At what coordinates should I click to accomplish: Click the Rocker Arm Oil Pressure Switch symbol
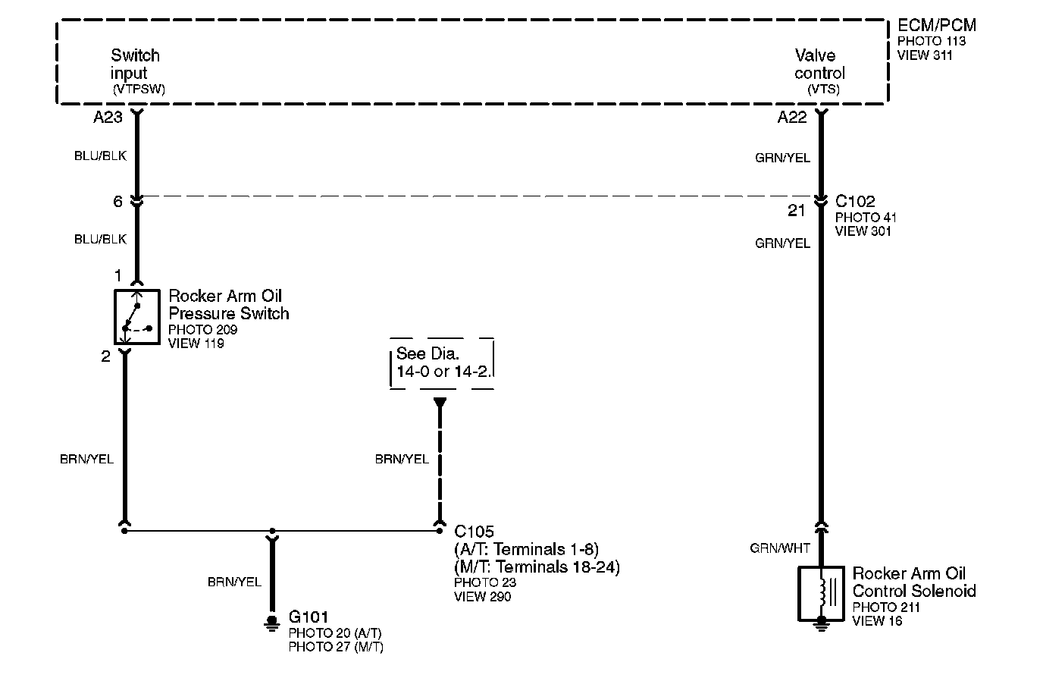coord(136,315)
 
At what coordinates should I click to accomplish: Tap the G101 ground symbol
coord(271,623)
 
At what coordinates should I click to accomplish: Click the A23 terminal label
coord(108,118)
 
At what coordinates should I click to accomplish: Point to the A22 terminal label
coord(792,118)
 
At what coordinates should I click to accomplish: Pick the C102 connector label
coord(855,202)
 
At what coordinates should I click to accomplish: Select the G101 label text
coord(309,617)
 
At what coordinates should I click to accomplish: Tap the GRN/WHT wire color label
coord(780,548)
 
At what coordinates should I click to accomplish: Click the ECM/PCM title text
coord(937,26)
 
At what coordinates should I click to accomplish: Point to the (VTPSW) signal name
coord(139,89)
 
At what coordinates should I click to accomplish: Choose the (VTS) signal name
coord(823,89)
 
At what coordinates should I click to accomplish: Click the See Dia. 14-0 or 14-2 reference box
coord(442,363)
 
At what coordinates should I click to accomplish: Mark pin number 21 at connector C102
coord(796,211)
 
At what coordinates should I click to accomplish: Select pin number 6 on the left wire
coord(117,202)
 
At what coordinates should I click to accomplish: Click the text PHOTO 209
coord(202,330)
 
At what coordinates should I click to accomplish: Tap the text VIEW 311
coord(925,55)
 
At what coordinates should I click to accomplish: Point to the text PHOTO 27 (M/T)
coord(336,647)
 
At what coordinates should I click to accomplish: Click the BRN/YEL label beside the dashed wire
coord(402,459)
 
